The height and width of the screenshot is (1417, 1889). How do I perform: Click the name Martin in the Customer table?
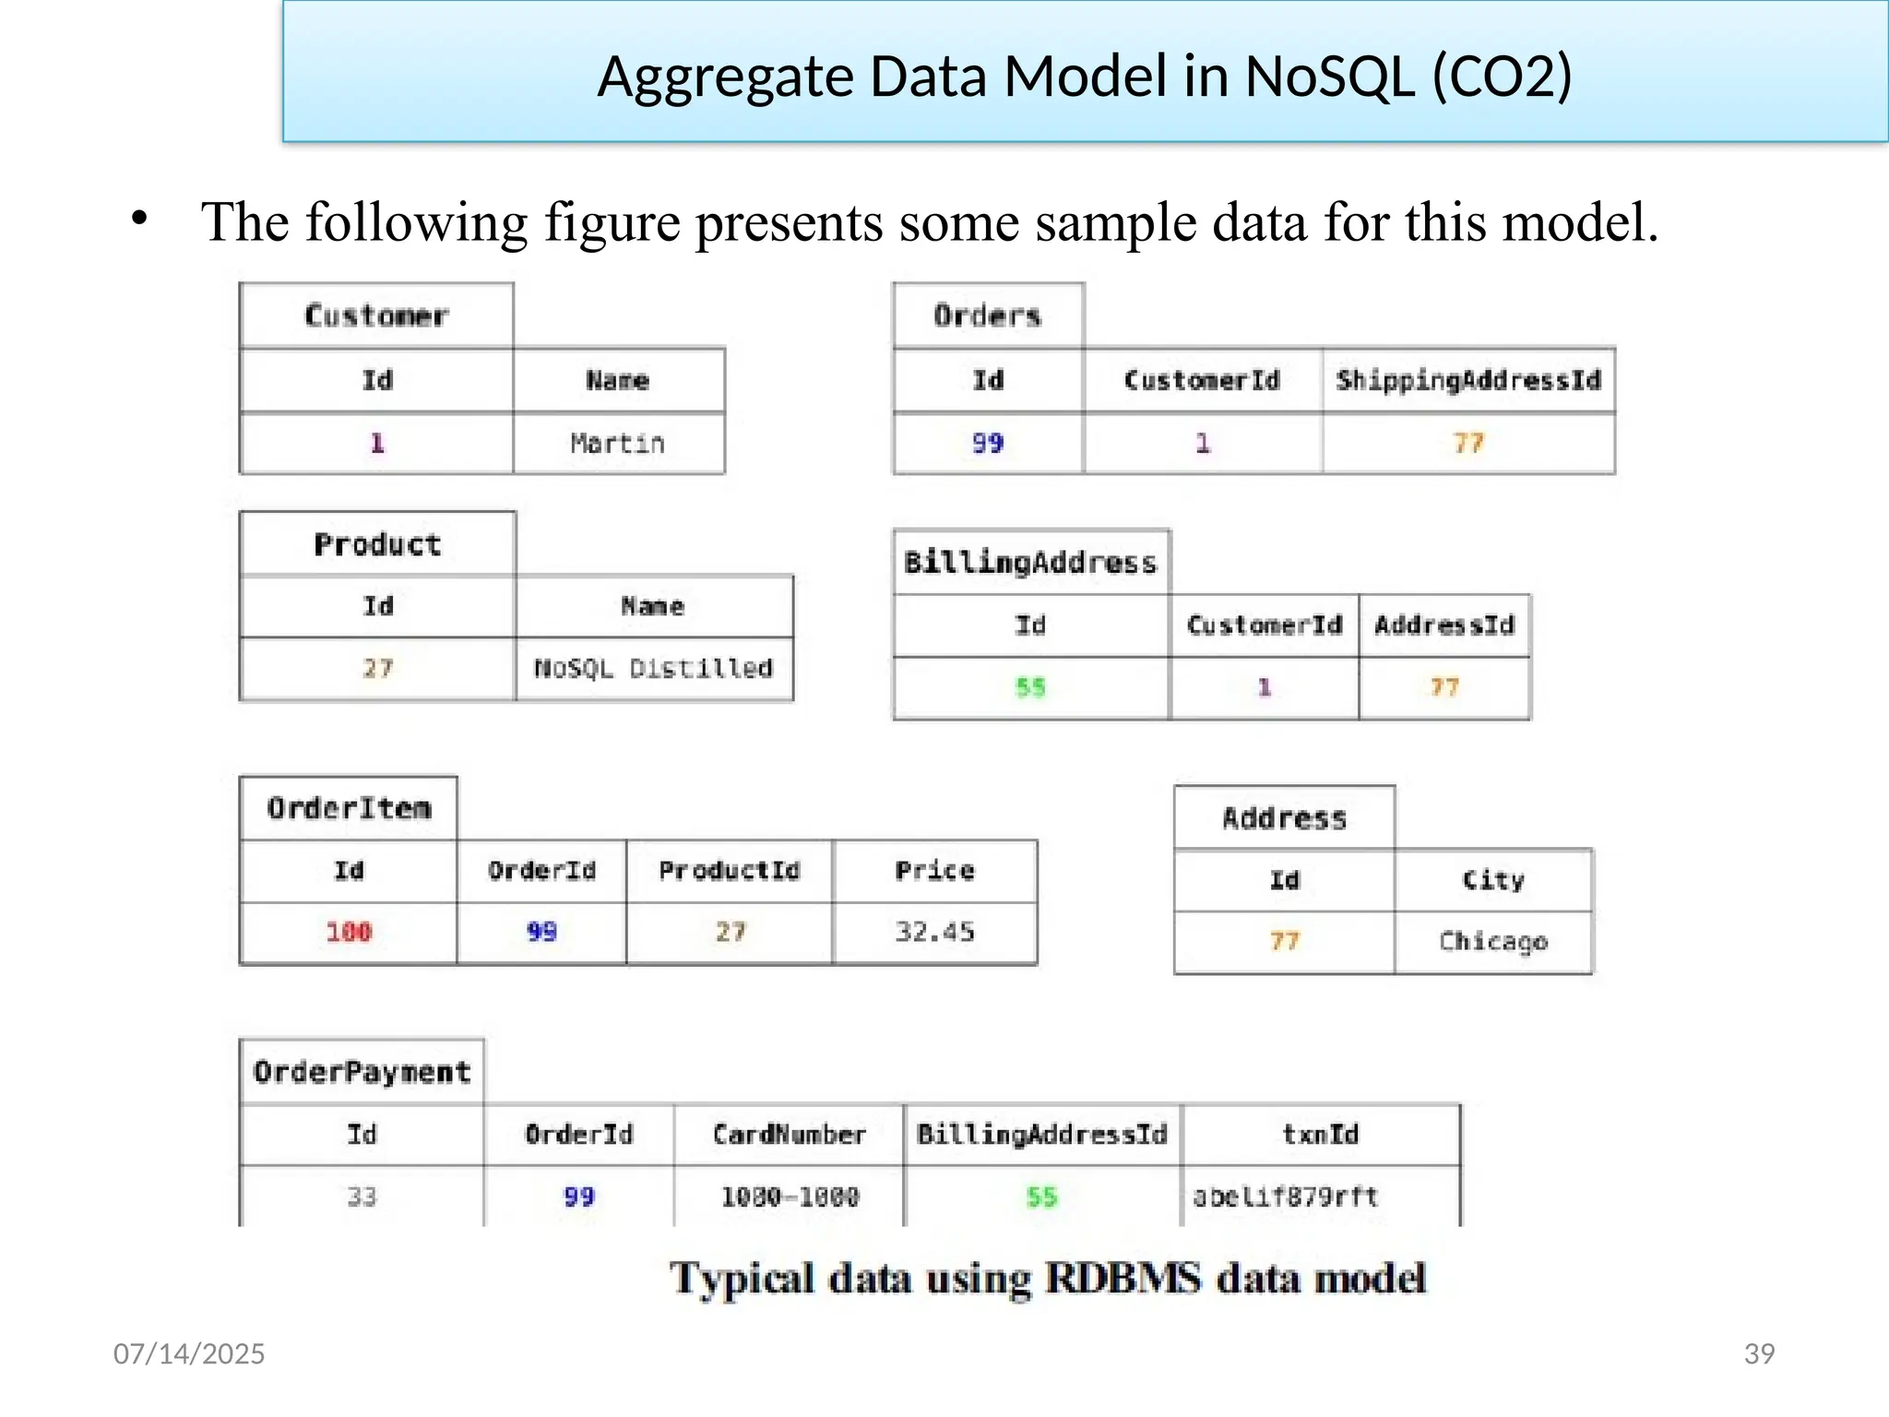pos(617,444)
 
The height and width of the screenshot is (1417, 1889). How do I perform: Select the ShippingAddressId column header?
pos(1468,380)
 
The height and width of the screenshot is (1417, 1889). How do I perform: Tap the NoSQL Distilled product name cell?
pos(653,668)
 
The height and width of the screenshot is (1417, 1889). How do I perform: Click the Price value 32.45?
pos(934,932)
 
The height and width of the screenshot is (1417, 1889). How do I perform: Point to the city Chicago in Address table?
pos(1493,942)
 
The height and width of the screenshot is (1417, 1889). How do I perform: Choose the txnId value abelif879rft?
pos(1285,1197)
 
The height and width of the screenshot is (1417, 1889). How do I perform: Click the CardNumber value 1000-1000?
pos(790,1197)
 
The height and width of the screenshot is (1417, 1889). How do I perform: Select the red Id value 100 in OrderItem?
pos(349,932)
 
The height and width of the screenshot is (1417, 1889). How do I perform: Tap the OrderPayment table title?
pos(362,1072)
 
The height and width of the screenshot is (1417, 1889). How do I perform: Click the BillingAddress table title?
pos(1030,563)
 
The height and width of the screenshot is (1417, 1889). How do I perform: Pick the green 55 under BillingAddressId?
pos(1042,1197)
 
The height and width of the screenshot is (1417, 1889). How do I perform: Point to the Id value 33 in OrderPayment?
pos(362,1197)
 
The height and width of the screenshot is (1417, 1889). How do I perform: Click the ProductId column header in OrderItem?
pos(729,871)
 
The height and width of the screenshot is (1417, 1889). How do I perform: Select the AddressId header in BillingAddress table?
pos(1444,625)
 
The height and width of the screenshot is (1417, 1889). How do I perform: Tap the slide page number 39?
pos(1759,1353)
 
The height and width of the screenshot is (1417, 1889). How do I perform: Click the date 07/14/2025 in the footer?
pos(189,1353)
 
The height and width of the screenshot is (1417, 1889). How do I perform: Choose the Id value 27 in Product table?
pos(377,668)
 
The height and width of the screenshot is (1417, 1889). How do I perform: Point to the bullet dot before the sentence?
pos(139,219)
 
